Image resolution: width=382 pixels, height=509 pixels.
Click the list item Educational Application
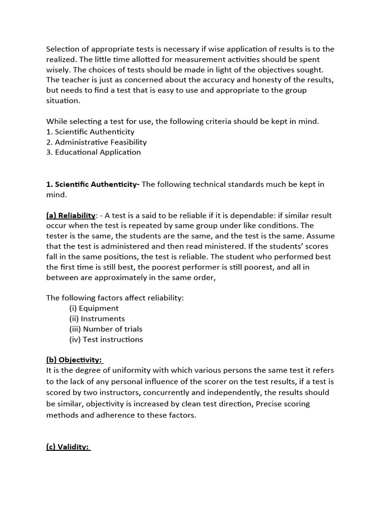pos(94,153)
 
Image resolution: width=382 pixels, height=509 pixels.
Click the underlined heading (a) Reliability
pos(71,215)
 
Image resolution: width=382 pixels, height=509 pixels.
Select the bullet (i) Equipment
pos(94,308)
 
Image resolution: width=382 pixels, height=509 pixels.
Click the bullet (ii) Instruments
pos(97,319)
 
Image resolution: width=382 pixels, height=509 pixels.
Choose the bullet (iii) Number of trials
pos(105,329)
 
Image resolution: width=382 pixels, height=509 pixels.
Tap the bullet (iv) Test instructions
pos(106,339)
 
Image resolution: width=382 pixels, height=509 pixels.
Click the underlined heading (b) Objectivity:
pos(74,360)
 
